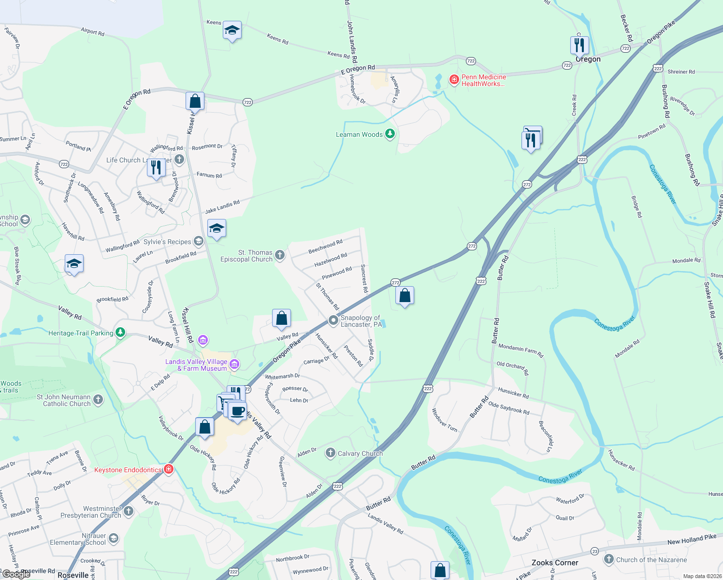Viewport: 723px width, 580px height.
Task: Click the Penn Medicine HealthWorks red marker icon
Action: pos(454,79)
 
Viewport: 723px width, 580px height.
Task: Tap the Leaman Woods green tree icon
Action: pos(390,134)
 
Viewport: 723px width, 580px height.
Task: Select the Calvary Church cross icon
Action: pos(330,453)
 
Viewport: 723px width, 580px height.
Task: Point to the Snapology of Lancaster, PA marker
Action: pos(333,320)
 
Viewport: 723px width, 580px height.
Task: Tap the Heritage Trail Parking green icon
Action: pos(120,333)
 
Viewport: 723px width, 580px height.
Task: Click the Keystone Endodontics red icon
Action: pos(169,469)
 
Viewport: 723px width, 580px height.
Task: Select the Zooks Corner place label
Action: pos(555,563)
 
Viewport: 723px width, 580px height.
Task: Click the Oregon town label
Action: pos(588,59)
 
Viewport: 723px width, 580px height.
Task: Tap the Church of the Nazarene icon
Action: pos(608,559)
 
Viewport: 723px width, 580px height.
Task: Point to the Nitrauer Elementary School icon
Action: pos(114,538)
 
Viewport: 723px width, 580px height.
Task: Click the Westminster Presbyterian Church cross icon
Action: pos(128,511)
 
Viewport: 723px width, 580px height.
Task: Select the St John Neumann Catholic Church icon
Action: pos(98,400)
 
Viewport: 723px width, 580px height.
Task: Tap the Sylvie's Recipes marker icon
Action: pos(198,241)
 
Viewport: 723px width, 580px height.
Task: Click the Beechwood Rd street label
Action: pos(325,246)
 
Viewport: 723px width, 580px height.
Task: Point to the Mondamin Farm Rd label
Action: pos(521,351)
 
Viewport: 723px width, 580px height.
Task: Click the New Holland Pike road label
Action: pos(692,539)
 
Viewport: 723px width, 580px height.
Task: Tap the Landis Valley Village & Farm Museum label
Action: pos(196,365)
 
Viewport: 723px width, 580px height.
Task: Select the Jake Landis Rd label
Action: pos(222,207)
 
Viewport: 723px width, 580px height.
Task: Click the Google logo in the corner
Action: pos(16,574)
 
